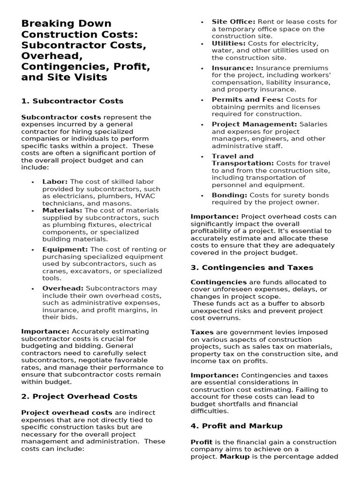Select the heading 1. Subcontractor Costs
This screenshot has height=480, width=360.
click(72, 101)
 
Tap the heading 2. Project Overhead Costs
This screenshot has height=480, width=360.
click(79, 396)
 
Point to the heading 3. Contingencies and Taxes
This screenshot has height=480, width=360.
click(252, 267)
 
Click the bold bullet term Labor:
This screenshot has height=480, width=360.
click(55, 182)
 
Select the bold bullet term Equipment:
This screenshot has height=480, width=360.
click(65, 249)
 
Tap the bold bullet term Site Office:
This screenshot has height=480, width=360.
click(233, 22)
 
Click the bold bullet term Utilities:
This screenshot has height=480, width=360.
click(228, 43)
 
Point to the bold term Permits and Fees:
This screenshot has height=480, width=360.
click(247, 99)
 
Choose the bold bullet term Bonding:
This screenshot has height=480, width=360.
click(229, 195)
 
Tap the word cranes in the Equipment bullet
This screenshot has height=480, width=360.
click(53, 271)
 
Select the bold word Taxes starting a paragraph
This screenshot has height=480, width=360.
click(202, 332)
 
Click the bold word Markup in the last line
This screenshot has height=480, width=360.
click(234, 456)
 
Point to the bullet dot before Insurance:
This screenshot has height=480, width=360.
click(202, 68)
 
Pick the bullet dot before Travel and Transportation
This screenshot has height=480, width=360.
click(202, 157)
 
